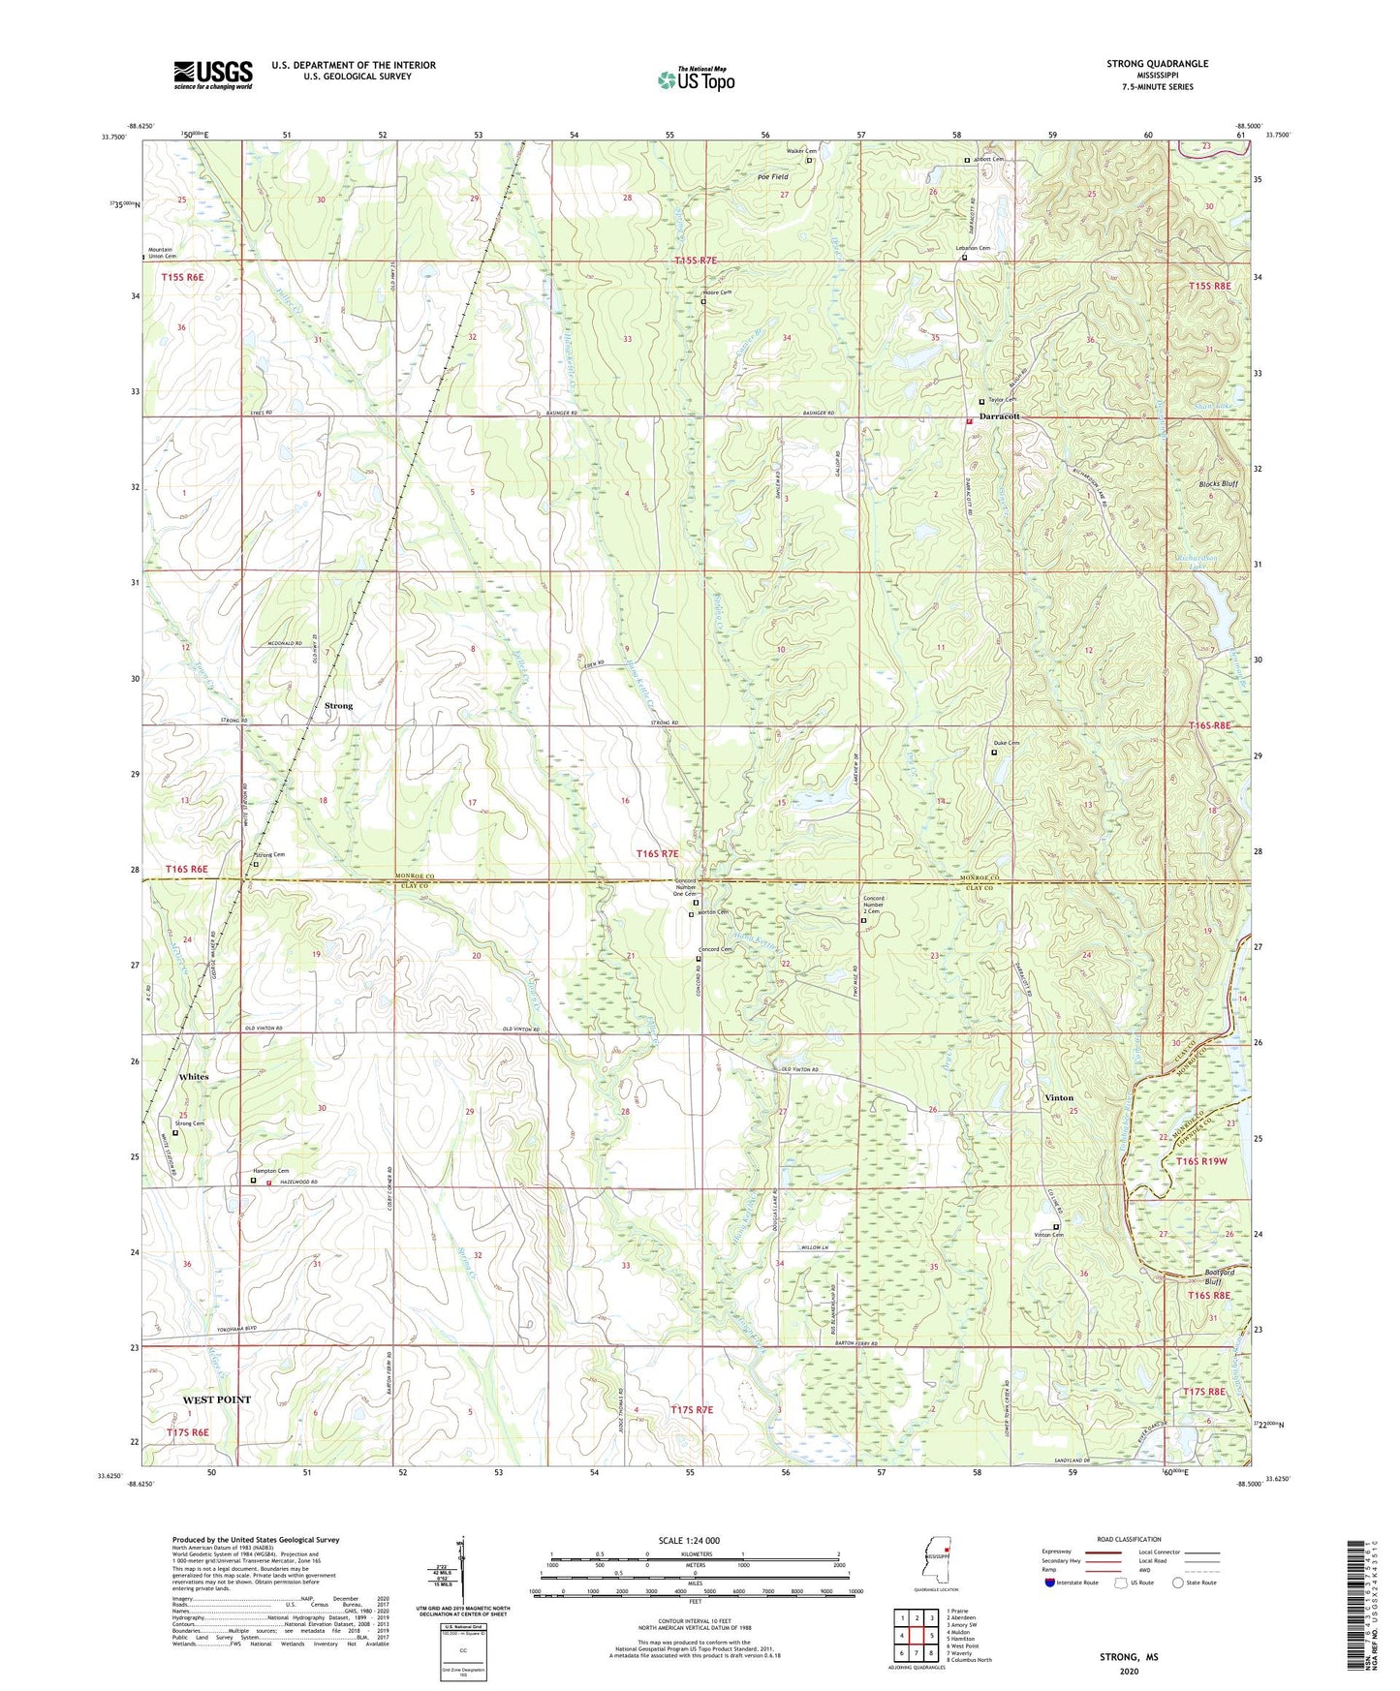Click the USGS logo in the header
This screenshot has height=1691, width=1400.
coord(213,75)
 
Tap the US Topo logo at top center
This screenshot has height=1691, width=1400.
coord(696,79)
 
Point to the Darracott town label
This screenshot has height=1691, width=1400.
coord(999,416)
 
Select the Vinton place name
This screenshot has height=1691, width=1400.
coord(1059,1097)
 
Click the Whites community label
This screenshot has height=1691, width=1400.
coord(194,1076)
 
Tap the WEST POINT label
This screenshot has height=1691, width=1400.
coord(217,1399)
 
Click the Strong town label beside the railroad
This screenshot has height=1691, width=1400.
coord(338,706)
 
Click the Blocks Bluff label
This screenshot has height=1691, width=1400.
coord(1218,483)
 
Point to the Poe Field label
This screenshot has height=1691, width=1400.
coord(772,177)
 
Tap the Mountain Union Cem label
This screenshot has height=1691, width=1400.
coord(162,253)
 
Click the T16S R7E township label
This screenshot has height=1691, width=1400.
coord(657,853)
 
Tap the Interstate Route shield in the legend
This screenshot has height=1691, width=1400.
coord(1049,1583)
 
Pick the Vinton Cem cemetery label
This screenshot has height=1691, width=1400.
coord(1049,1235)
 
